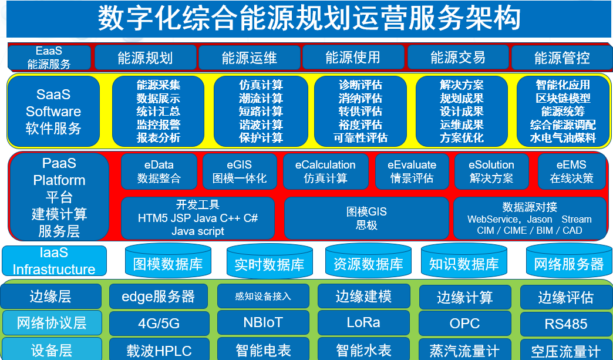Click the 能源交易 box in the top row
coord(458,58)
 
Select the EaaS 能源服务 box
coord(49,58)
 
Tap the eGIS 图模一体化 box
coord(240,171)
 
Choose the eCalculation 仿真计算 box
coord(325,171)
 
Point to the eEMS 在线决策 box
coord(571,171)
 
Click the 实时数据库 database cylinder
coord(269,261)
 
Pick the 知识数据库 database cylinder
coord(464,261)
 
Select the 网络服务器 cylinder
coord(569,261)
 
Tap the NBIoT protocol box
coord(263,323)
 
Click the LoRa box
coord(363,323)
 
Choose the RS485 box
coord(565,324)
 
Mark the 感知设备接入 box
coord(263,297)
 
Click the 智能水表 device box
coord(363,349)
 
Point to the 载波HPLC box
coord(159,349)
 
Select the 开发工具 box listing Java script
coord(198,218)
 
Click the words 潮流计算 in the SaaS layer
coord(261,98)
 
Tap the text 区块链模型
coord(563,98)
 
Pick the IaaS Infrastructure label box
coord(55,261)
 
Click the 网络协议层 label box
coord(52,323)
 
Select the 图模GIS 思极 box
coord(366,218)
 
